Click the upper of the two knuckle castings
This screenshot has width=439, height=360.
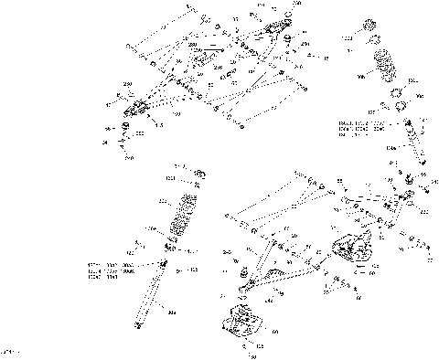click(x=351, y=251)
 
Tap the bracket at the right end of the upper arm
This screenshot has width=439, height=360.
click(x=277, y=29)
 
